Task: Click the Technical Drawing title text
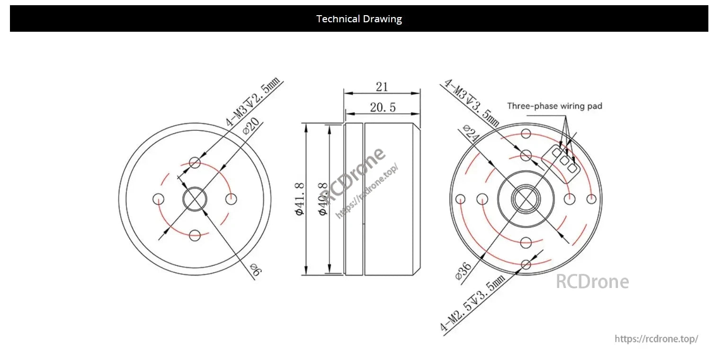[359, 19]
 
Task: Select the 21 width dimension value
[382, 87]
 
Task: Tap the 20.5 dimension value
[383, 108]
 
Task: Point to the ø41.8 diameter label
[299, 199]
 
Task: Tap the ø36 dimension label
[463, 271]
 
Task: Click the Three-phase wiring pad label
[554, 106]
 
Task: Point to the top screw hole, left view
[195, 163]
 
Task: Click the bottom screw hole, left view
[195, 235]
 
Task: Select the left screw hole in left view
[158, 199]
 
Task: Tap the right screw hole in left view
[231, 199]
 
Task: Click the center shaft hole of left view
[195, 199]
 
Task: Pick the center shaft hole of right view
[526, 199]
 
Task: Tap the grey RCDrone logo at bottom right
[592, 282]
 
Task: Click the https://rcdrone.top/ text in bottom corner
[656, 339]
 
